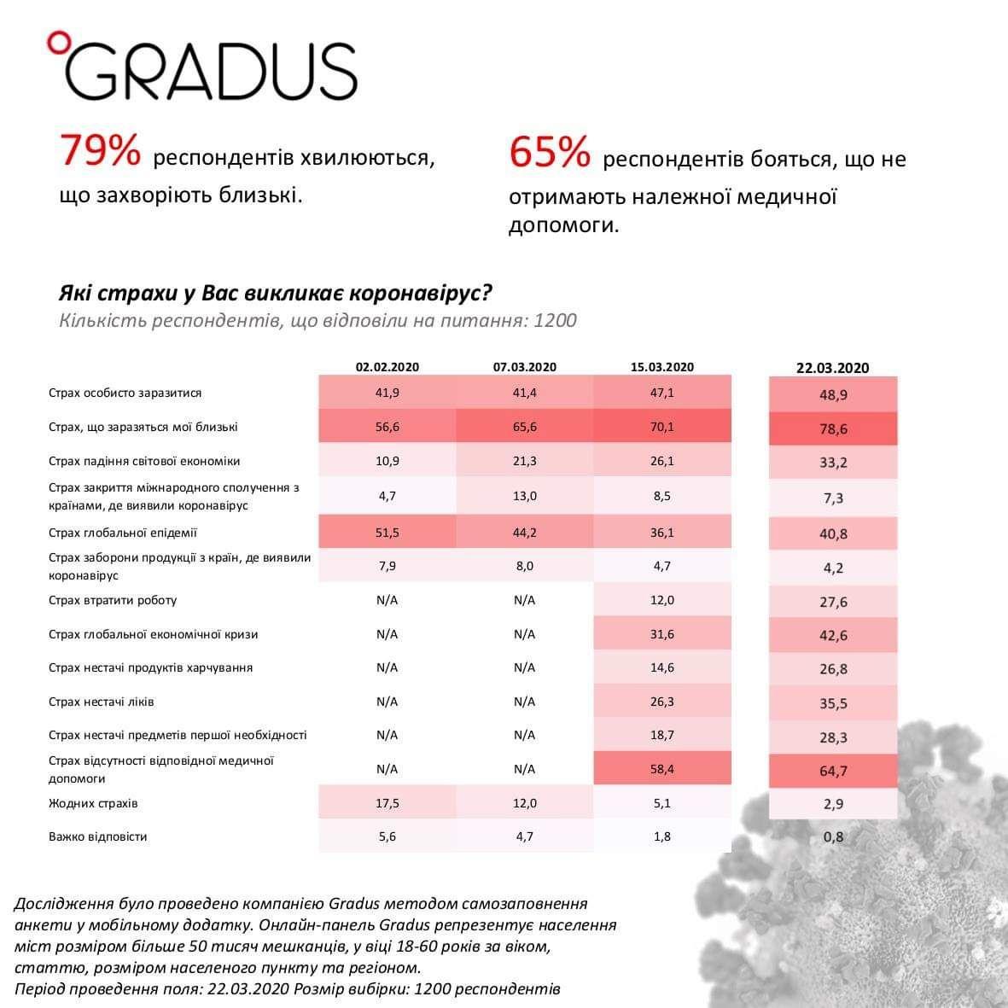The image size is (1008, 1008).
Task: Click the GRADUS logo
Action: [x=209, y=69]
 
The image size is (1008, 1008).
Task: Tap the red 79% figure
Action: [x=99, y=153]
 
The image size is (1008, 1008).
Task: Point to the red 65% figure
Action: [x=550, y=154]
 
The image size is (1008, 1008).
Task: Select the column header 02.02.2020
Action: [x=387, y=367]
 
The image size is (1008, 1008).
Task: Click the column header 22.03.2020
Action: [x=832, y=368]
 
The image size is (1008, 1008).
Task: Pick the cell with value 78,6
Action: [x=833, y=429]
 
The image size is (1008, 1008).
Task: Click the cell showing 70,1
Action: [x=662, y=427]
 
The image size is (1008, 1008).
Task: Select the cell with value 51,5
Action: [x=387, y=533]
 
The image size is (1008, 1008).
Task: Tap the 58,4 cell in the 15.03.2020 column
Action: [x=662, y=769]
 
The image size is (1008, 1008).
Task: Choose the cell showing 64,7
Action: [x=833, y=772]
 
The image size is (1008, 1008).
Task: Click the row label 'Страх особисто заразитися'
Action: [x=125, y=393]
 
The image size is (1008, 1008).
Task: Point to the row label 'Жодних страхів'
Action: [x=93, y=803]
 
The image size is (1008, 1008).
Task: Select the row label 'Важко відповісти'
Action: [x=98, y=836]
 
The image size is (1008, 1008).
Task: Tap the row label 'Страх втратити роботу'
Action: [x=113, y=600]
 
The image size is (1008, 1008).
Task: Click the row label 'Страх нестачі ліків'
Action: [x=102, y=702]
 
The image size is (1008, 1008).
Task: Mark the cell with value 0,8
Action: [x=833, y=836]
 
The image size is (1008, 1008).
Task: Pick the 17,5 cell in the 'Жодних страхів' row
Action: [x=387, y=803]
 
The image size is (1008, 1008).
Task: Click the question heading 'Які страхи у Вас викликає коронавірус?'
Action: [x=276, y=294]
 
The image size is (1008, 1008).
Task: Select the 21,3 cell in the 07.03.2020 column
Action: [x=524, y=461]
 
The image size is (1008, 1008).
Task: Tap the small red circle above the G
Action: [x=57, y=38]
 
